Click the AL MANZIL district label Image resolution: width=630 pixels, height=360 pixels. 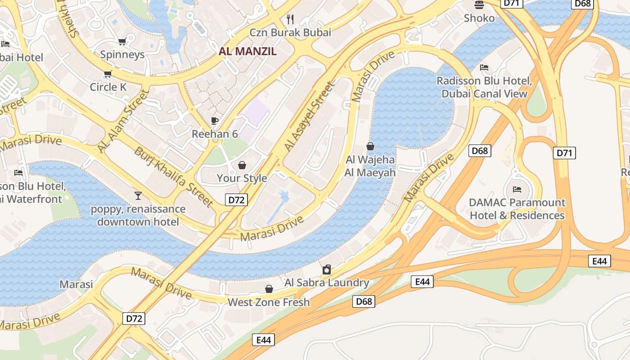tap(247, 51)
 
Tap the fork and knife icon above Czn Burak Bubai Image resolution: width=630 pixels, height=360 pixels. tap(290, 19)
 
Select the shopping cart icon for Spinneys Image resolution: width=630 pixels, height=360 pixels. tap(122, 42)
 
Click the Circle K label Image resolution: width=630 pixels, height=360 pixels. tap(108, 87)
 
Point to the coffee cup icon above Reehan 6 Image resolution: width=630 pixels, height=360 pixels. tap(215, 121)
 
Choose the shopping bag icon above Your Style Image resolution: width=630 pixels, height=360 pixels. tap(242, 165)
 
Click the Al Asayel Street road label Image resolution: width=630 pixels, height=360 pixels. tap(310, 116)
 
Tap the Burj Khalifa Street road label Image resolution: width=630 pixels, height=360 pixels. tap(174, 177)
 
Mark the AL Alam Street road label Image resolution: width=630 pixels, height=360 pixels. tap(123, 121)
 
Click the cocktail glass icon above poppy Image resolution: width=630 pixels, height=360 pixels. tap(138, 195)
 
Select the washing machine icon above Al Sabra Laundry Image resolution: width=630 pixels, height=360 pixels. tap(327, 270)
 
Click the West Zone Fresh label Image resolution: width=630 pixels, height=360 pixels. tap(269, 302)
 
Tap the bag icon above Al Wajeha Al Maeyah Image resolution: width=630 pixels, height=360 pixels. tap(370, 146)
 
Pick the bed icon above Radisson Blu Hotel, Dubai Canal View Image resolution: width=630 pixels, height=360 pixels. tap(484, 67)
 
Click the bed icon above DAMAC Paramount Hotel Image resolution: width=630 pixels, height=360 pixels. tap(517, 189)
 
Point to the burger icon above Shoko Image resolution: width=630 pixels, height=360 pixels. tap(479, 5)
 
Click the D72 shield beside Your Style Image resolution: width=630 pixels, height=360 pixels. tap(236, 200)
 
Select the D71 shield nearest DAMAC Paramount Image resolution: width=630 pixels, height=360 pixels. tap(564, 153)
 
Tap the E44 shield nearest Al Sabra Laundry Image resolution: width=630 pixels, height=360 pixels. tap(422, 282)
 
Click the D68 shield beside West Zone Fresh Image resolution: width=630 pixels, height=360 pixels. tap(364, 301)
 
